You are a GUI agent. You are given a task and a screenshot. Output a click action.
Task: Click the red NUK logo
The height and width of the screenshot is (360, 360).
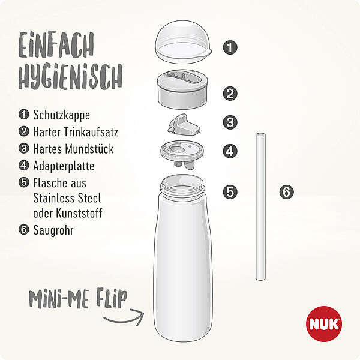pos(324,324)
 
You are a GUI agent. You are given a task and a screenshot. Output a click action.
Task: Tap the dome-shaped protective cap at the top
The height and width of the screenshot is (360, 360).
pos(183,42)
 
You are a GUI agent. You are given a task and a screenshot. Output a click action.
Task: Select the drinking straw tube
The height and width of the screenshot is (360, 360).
pos(260,206)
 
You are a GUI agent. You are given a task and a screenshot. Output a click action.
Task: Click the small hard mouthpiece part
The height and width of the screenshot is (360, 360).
pos(184,125)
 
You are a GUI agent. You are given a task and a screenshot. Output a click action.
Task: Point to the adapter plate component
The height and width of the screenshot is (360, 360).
pos(182,154)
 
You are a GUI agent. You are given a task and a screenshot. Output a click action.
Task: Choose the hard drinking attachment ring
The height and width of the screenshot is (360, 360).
pos(182,89)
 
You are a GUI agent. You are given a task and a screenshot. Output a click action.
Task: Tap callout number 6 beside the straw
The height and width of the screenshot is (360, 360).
pos(287,192)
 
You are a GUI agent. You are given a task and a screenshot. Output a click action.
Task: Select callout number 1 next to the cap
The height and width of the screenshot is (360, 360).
pos(230,47)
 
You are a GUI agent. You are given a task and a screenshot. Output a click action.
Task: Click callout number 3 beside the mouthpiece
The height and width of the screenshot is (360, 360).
pos(230,122)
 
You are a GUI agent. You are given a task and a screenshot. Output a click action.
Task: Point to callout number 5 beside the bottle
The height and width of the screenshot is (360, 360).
pos(230,192)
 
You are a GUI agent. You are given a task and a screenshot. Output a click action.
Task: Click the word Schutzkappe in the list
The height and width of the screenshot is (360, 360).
pos(62,115)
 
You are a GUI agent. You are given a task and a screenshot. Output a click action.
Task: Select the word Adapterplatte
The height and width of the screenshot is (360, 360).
pos(64,166)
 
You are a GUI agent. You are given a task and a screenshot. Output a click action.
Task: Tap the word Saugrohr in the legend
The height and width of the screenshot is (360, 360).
pos(53,230)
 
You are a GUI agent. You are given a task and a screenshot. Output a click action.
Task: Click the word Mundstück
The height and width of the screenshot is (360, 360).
pos(89,149)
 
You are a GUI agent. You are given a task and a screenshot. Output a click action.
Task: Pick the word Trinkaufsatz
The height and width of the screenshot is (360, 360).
pos(91,132)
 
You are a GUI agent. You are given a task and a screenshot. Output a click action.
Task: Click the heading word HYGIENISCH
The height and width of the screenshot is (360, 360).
pos(70,77)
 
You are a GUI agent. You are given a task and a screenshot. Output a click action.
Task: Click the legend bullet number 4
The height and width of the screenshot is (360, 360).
pos(24,166)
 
